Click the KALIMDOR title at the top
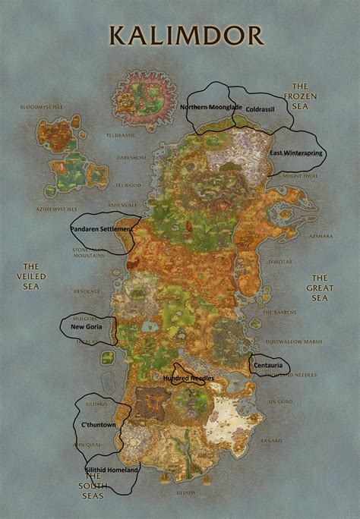(187, 35)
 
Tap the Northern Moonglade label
(211, 107)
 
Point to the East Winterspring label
(297, 153)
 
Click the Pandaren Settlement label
(102, 228)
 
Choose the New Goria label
(87, 327)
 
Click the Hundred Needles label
(188, 377)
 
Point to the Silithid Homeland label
(112, 470)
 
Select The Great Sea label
(320, 288)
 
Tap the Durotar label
(279, 262)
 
